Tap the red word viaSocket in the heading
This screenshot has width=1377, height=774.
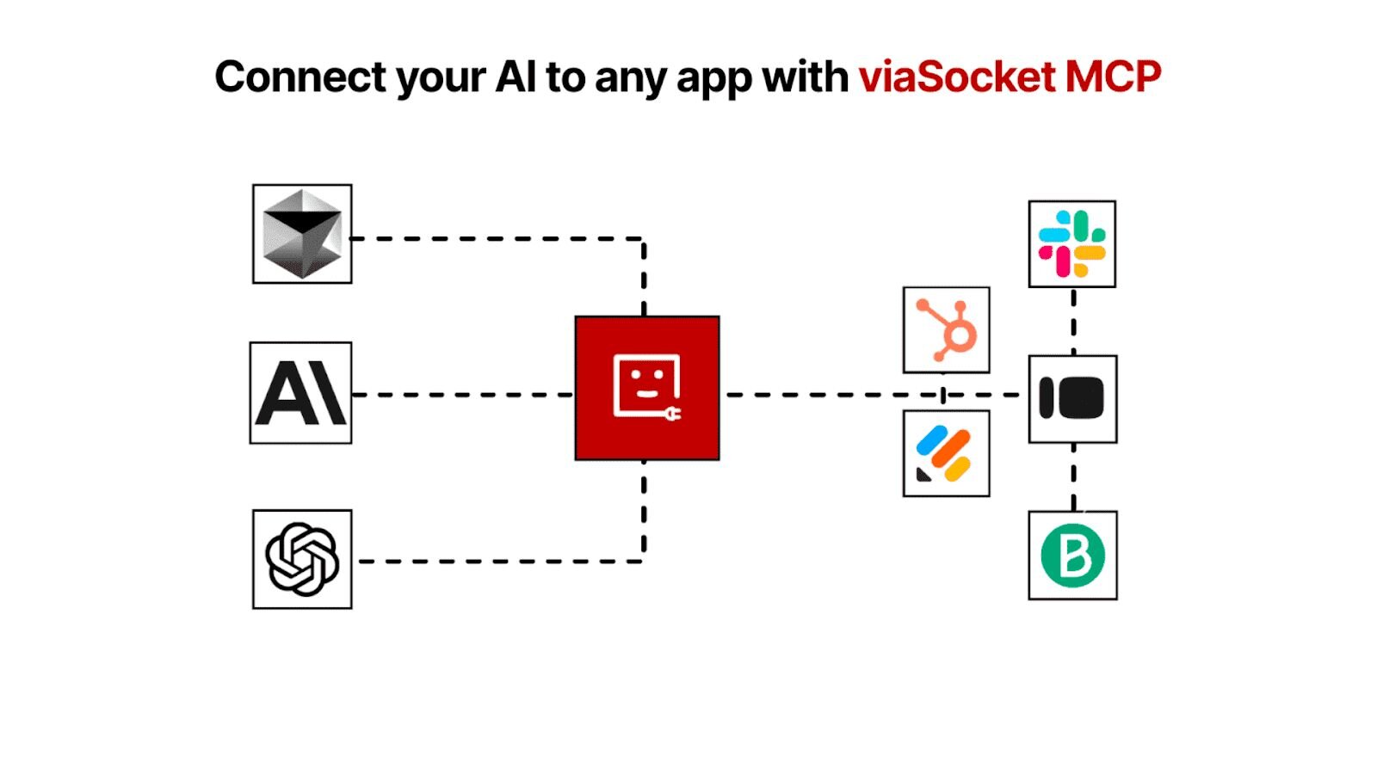click(957, 77)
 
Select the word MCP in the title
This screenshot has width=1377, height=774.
click(1113, 77)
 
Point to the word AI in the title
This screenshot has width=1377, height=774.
click(516, 77)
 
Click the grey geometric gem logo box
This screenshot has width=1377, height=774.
click(302, 234)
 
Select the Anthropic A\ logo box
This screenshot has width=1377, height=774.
click(301, 393)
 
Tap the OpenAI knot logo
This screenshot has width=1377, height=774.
click(302, 559)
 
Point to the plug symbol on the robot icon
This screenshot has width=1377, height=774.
click(671, 415)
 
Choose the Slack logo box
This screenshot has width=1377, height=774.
click(1071, 244)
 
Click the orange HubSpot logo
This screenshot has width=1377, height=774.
click(946, 330)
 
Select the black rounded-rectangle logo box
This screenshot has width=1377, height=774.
click(1072, 399)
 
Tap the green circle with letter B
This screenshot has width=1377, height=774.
click(1072, 556)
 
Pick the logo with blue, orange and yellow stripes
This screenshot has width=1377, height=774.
click(946, 453)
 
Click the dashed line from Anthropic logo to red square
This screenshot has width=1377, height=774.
click(463, 395)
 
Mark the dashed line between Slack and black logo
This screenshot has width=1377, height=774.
click(1073, 321)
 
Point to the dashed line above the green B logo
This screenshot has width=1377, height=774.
click(1073, 477)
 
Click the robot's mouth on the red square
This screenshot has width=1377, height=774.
click(646, 394)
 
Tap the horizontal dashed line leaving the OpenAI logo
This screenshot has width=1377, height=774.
click(499, 562)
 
